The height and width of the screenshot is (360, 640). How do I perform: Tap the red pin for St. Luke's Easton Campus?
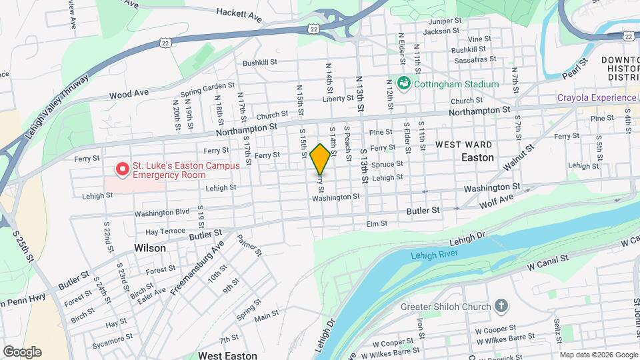pyautogui.click(x=123, y=169)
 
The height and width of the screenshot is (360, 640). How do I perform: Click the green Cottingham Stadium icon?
pyautogui.click(x=403, y=83)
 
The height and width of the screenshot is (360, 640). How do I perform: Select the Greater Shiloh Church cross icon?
pyautogui.click(x=501, y=307)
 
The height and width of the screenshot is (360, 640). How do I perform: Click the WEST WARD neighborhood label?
pyautogui.click(x=464, y=145)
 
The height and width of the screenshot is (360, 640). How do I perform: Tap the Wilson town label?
pyautogui.click(x=149, y=247)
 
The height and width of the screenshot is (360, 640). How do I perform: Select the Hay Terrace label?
pyautogui.click(x=165, y=231)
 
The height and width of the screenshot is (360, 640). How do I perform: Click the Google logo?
pyautogui.click(x=22, y=351)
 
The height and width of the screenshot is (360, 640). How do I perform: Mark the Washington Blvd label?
pyautogui.click(x=162, y=213)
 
